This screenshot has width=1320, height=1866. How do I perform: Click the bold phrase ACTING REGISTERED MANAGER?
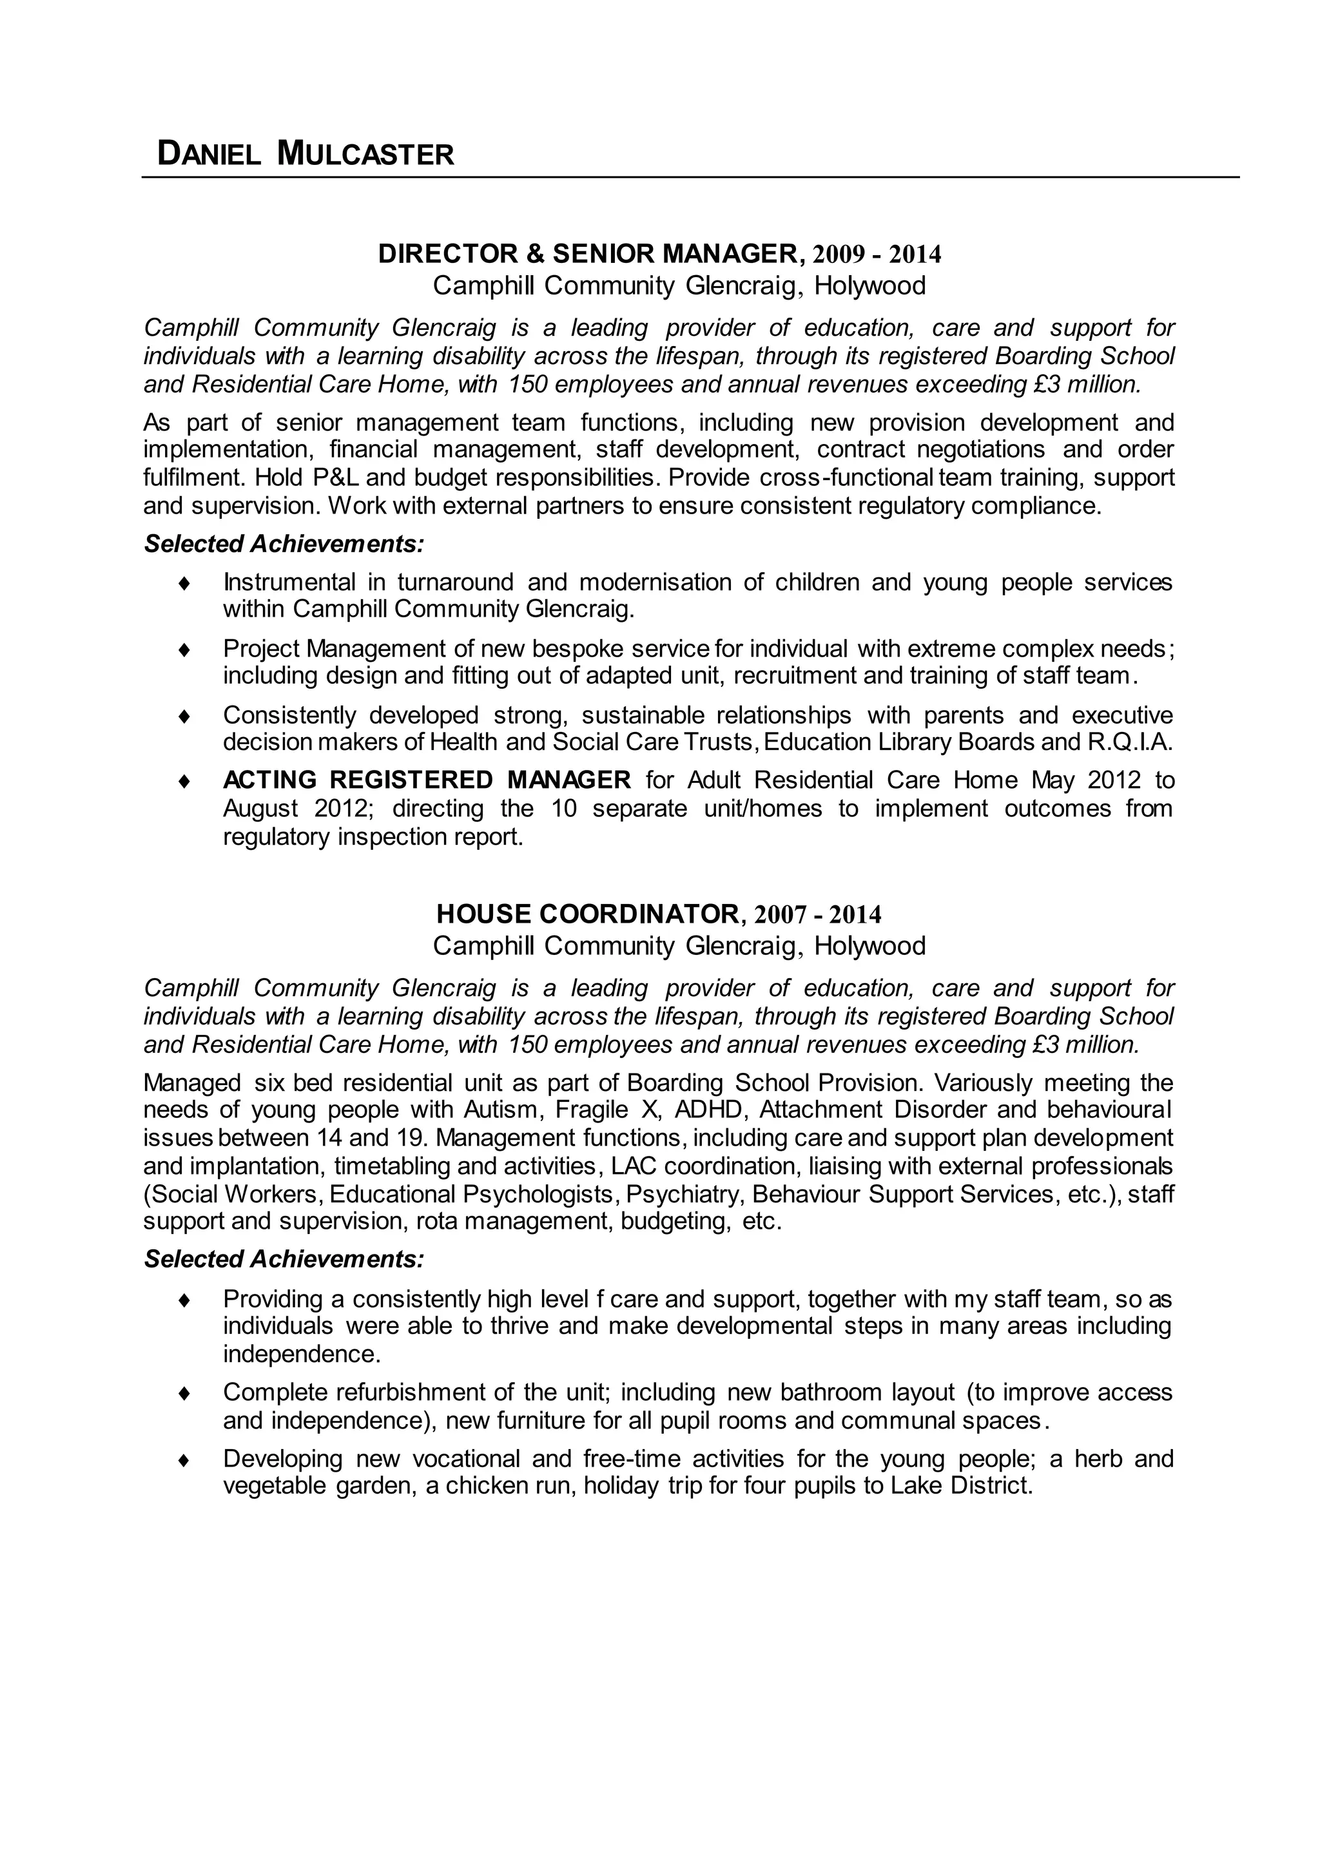(x=427, y=780)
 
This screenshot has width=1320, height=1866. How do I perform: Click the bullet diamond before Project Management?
(x=184, y=650)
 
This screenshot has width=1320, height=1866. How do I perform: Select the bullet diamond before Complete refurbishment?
(x=184, y=1394)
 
